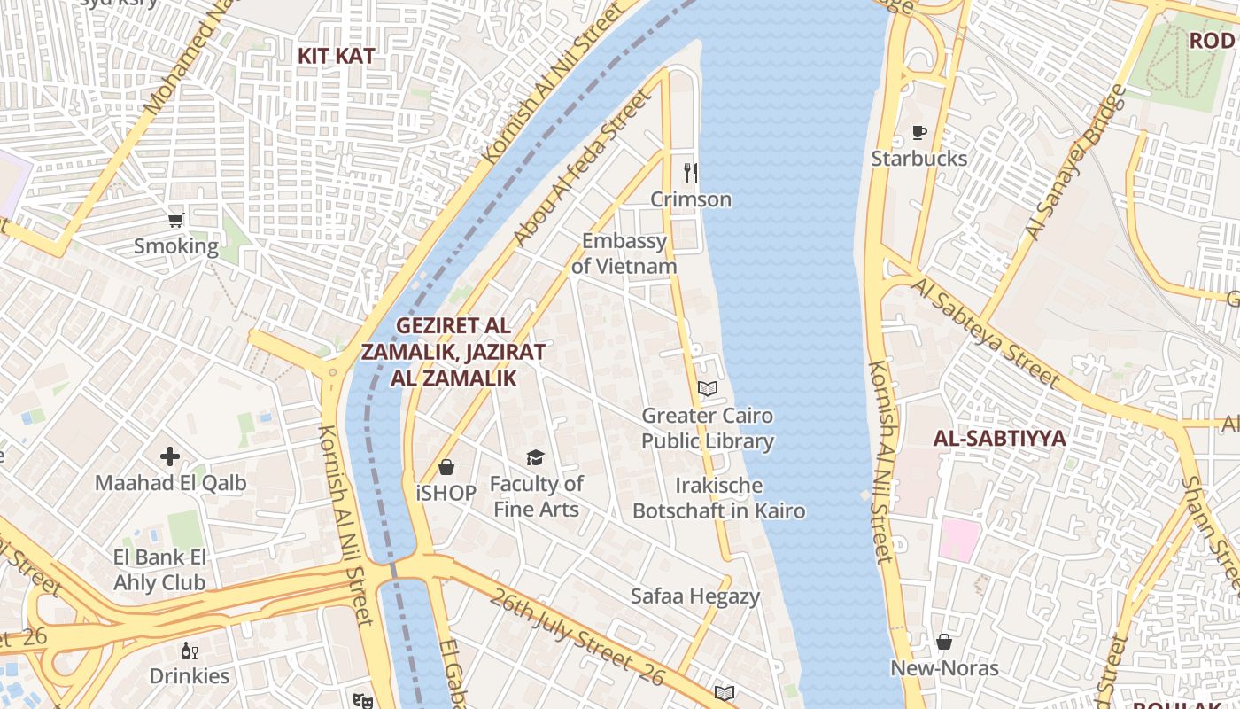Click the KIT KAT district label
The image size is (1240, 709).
coord(336,56)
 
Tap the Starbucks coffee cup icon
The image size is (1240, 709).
coord(919,133)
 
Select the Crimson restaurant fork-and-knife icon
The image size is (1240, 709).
coord(691,172)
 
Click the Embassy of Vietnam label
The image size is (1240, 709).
coord(624,253)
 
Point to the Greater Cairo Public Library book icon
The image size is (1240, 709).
coord(707,388)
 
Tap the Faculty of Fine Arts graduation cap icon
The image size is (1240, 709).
coord(535,457)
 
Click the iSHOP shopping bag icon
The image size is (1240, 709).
coord(446,467)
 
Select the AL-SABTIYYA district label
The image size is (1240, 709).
coord(999,439)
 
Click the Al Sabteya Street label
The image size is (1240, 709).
coord(985,332)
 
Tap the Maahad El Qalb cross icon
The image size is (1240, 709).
coord(170,456)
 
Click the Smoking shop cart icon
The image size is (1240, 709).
coord(176,220)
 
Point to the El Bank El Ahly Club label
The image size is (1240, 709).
coord(159,570)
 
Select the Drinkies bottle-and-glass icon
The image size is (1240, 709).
coord(189,651)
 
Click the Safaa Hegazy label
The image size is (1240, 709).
coord(694,596)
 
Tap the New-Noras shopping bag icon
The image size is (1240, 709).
coord(944,642)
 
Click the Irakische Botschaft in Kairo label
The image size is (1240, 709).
coord(718,498)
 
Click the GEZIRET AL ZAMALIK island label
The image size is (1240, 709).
coord(453,352)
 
